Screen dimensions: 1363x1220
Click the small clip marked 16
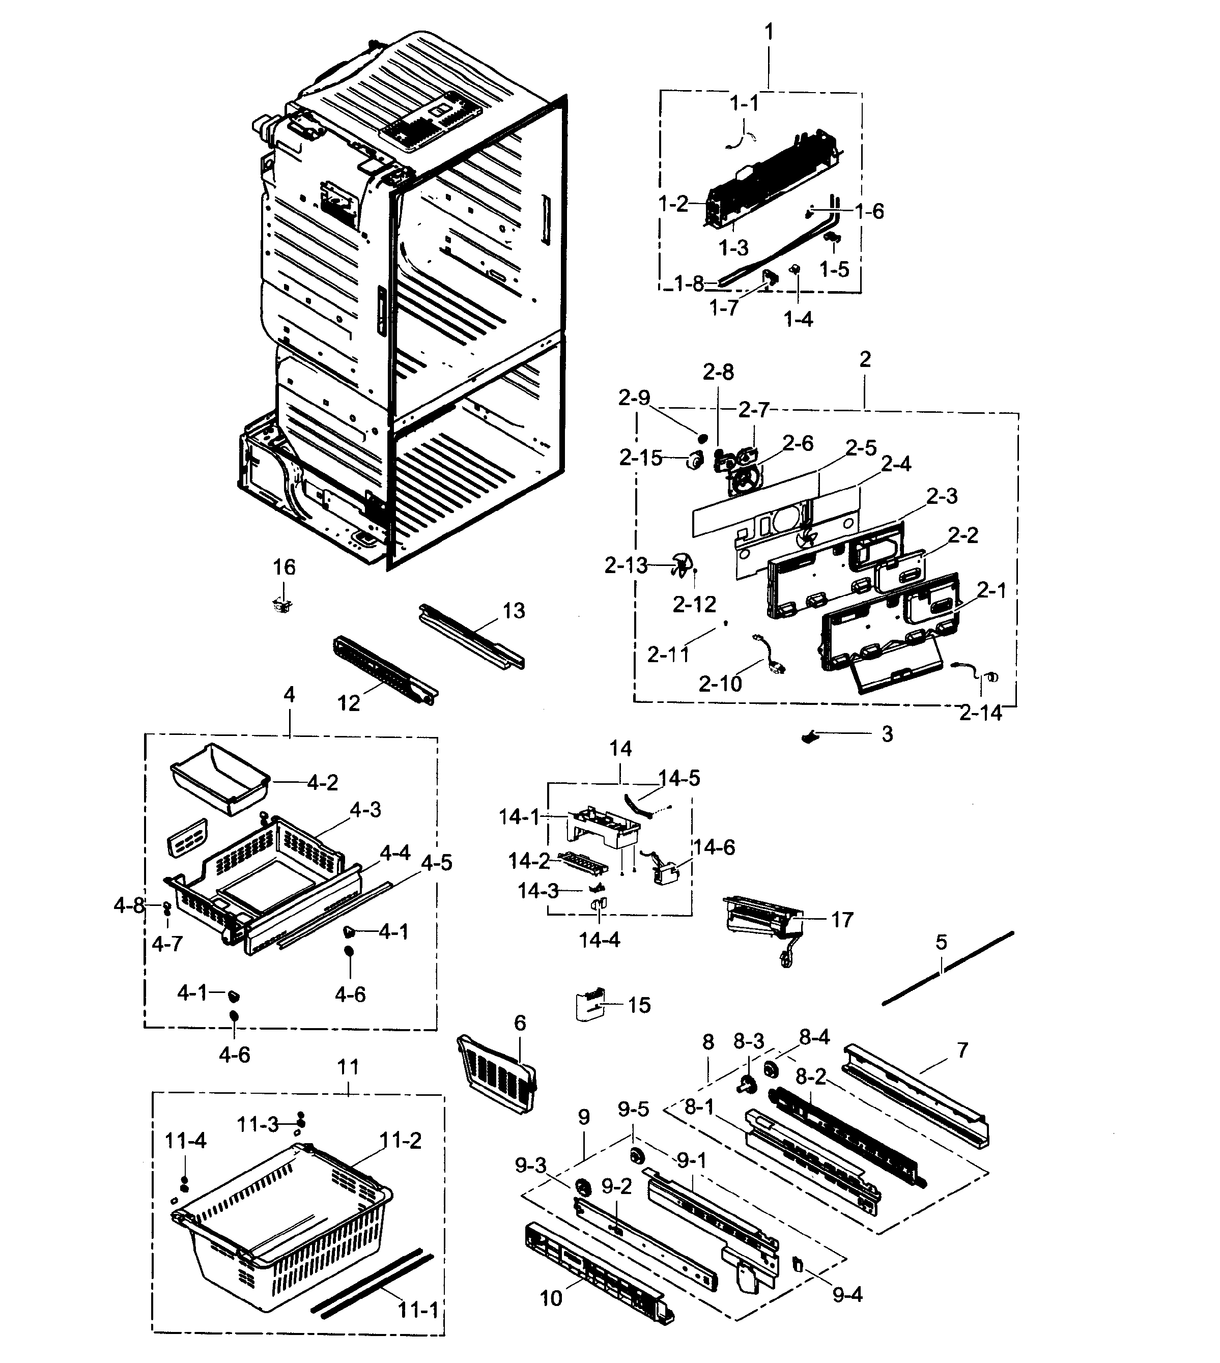click(x=283, y=606)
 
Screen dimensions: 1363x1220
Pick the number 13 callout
click(x=514, y=611)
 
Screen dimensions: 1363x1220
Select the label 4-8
click(x=128, y=906)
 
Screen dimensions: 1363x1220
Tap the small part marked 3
click(x=812, y=737)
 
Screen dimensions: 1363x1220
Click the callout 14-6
click(x=714, y=847)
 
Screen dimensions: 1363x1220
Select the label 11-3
click(x=258, y=1124)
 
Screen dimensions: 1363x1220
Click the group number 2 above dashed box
click(x=865, y=359)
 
